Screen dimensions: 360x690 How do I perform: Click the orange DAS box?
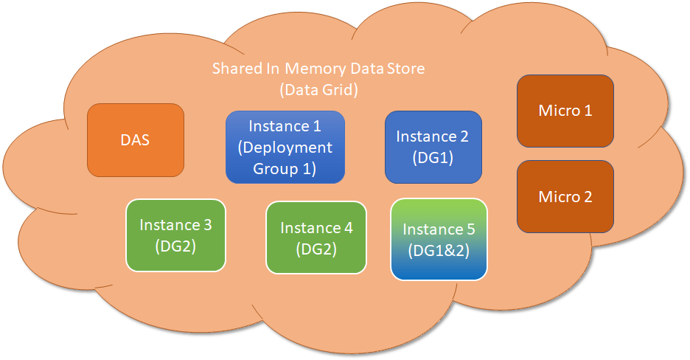coord(135,140)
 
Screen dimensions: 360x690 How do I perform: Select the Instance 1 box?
coord(285,147)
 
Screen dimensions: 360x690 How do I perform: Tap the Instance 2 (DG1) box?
coord(432,147)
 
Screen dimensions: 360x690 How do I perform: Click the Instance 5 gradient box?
coord(439,239)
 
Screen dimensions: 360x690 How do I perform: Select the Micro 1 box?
coord(565,111)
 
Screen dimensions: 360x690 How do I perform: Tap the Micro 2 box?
coord(565,197)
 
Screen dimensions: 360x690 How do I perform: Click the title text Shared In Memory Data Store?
coord(318,69)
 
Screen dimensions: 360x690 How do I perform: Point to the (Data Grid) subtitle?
coord(318,90)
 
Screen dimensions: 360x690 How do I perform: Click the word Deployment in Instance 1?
coord(285,147)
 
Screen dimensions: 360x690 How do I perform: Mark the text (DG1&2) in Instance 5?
coord(439,250)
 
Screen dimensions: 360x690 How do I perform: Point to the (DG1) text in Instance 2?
coord(432,157)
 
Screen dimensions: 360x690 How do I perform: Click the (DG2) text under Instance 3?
coord(175,246)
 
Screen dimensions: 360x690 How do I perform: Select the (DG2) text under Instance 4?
coord(316,249)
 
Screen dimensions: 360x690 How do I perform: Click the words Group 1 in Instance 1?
coord(285,168)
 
